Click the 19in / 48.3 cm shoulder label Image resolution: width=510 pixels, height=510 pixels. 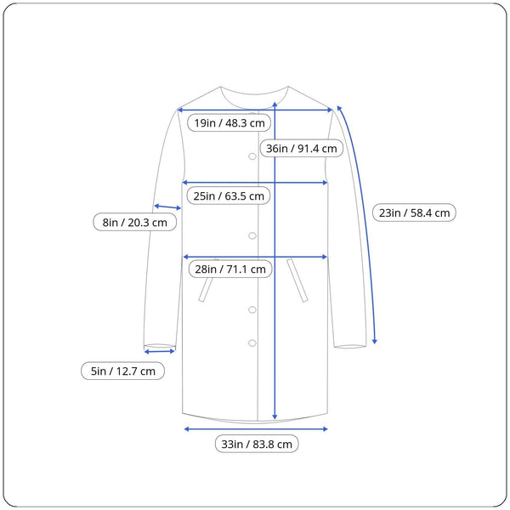(229, 123)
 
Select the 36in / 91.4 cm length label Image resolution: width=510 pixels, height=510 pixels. (302, 148)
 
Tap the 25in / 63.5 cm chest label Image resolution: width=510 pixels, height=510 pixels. (229, 195)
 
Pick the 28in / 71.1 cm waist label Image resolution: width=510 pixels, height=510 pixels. (230, 269)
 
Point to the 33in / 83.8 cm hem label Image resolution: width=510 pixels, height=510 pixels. (257, 444)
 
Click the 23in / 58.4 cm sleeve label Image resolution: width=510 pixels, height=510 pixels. (414, 212)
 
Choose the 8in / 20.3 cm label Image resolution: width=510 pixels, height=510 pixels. (134, 222)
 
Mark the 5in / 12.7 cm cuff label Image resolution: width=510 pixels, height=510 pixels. (122, 371)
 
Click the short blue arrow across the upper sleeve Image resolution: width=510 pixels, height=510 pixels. (167, 207)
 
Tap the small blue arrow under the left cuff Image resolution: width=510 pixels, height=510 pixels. (160, 351)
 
